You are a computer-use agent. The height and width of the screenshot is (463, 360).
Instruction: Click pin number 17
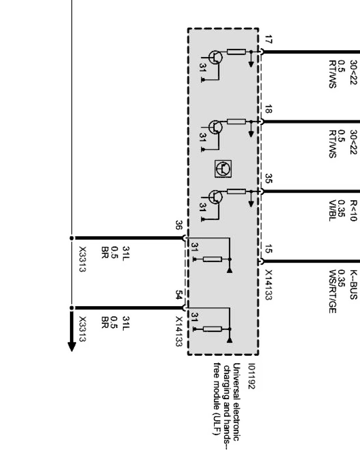[x=268, y=40]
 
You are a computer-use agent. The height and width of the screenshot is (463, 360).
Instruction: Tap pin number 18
[x=268, y=109]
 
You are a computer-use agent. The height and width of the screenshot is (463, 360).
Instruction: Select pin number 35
[x=268, y=179]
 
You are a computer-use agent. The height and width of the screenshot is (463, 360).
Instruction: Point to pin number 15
[x=268, y=249]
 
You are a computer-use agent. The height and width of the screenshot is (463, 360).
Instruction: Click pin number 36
[x=179, y=225]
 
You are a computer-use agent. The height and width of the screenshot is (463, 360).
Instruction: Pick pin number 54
[x=179, y=295]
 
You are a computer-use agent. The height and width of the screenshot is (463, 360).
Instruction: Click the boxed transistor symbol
[x=223, y=168]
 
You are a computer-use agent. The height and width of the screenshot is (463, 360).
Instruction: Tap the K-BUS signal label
[x=353, y=284]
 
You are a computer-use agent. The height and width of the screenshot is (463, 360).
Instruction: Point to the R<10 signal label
[x=353, y=210]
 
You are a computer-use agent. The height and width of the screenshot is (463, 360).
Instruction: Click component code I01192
[x=251, y=376]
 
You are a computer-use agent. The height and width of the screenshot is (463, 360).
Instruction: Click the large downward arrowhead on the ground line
[x=72, y=347]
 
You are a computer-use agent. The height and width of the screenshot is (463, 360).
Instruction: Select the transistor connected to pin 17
[x=215, y=57]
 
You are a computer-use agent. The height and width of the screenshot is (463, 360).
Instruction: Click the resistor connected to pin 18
[x=236, y=121]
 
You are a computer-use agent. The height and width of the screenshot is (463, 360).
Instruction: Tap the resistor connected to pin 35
[x=236, y=191]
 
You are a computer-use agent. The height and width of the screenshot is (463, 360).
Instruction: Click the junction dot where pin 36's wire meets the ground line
[x=72, y=238]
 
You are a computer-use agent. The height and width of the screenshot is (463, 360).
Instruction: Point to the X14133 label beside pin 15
[x=268, y=285]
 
